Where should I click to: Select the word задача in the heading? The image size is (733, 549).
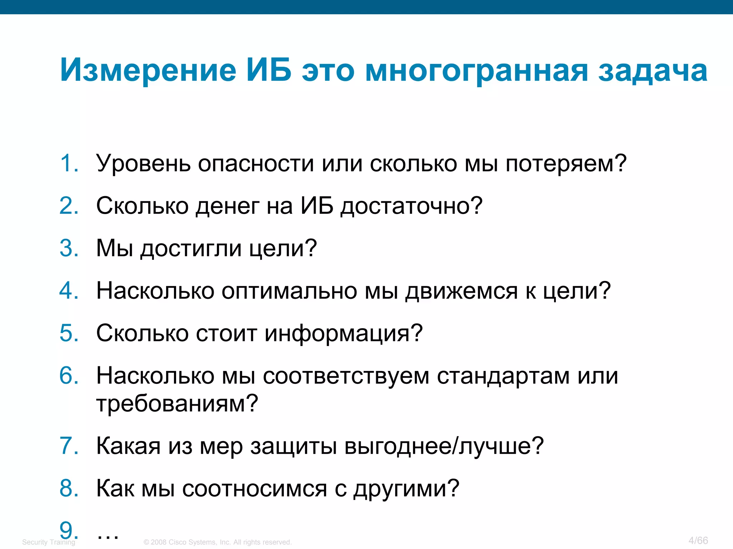pos(653,71)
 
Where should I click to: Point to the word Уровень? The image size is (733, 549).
pos(143,164)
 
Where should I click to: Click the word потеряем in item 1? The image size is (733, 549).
pos(565,164)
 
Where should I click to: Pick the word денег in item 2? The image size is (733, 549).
pos(228,207)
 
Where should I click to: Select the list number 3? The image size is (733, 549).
pos(69,248)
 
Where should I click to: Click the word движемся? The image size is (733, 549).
pos(461,291)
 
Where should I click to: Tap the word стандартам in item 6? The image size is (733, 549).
pos(503,376)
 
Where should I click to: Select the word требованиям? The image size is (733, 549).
pos(177,404)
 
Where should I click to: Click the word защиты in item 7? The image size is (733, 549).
pos(293,447)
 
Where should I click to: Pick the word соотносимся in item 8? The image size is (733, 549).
pos(254,489)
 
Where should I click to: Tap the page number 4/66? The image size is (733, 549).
pos(698,540)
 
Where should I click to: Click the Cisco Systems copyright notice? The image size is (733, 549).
pos(218,542)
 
